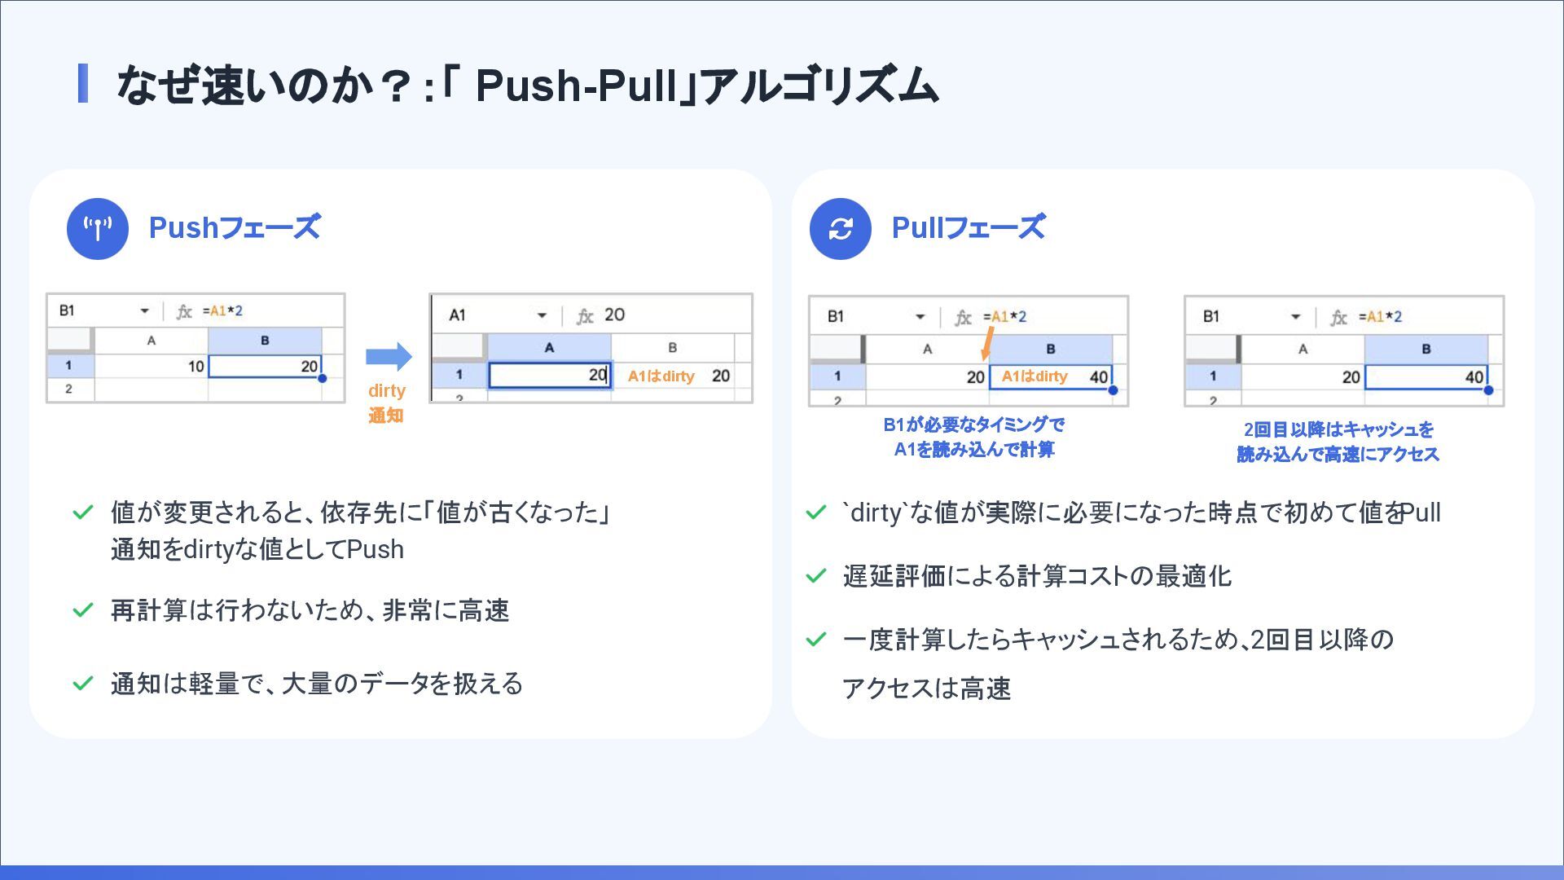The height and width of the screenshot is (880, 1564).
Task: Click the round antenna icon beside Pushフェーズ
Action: [x=98, y=229]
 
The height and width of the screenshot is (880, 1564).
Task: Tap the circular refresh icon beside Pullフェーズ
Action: [x=840, y=229]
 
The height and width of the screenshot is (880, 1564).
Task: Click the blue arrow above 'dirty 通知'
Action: [x=389, y=356]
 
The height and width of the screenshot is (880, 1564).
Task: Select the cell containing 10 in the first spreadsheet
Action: [x=152, y=366]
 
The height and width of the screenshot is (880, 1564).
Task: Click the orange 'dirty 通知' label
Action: [x=386, y=403]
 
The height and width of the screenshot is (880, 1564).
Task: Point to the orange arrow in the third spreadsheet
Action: [x=987, y=344]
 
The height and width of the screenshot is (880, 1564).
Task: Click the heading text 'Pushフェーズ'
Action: [x=235, y=227]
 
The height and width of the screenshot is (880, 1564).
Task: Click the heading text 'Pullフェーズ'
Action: [x=969, y=227]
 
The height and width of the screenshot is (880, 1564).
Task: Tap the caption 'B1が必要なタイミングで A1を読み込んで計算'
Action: [x=973, y=437]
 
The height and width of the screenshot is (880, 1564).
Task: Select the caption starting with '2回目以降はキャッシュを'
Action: [x=1338, y=442]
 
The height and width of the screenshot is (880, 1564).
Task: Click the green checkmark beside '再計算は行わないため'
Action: [x=83, y=610]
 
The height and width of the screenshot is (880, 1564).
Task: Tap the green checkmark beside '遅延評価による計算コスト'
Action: [x=815, y=576]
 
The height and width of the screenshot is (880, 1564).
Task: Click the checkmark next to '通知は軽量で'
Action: [x=83, y=683]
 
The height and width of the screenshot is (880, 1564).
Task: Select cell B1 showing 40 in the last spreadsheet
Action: [x=1426, y=377]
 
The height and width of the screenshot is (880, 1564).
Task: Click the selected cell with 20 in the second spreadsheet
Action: [x=550, y=375]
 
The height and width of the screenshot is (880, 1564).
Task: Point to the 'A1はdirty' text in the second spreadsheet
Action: [x=661, y=376]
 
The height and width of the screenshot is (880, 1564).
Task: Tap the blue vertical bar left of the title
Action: [x=82, y=84]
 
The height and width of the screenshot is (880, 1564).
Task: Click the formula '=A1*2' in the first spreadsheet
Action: [x=222, y=311]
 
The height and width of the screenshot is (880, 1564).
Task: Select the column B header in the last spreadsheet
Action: [x=1426, y=349]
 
